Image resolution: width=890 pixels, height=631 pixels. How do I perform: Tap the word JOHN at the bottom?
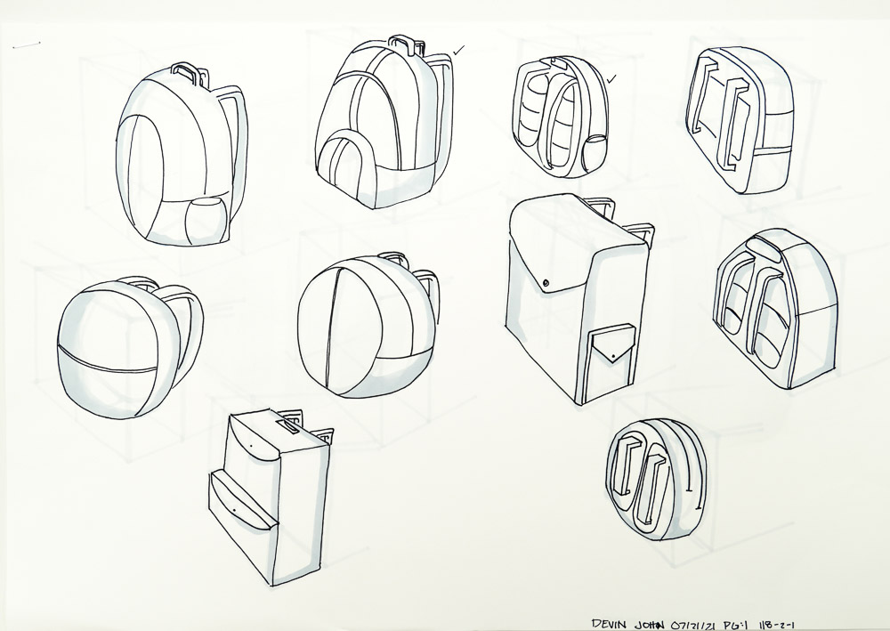(x=649, y=624)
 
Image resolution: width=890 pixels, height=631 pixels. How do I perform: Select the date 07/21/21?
(x=693, y=624)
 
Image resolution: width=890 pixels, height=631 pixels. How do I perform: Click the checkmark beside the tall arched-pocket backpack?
(x=458, y=51)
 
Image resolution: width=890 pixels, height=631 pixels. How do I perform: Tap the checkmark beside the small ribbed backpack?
(x=612, y=79)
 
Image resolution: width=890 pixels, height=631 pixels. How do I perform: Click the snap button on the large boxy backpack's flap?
(x=546, y=282)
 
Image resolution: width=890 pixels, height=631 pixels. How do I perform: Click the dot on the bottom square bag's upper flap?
(x=250, y=446)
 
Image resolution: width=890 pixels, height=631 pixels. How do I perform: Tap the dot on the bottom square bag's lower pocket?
(x=234, y=511)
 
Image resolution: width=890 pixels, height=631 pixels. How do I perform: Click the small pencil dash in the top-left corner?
(x=26, y=44)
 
